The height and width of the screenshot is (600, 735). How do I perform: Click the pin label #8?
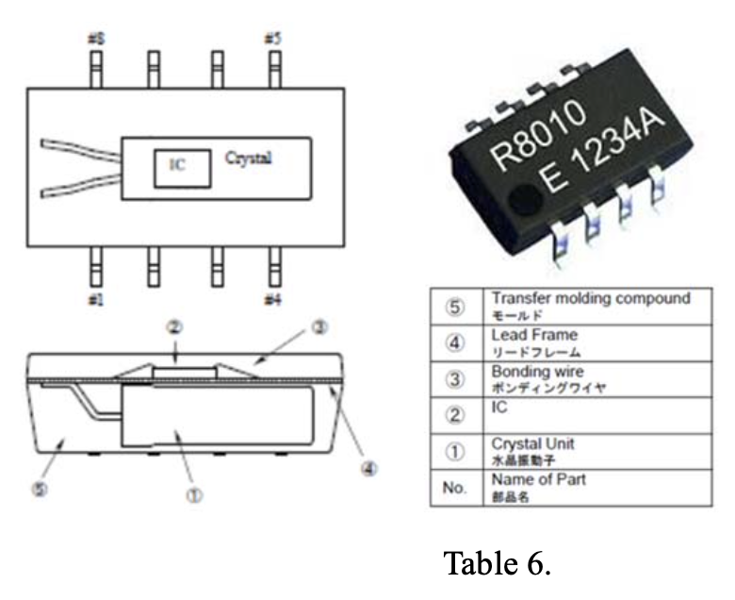[x=95, y=40]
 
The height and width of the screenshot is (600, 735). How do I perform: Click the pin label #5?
[x=273, y=40]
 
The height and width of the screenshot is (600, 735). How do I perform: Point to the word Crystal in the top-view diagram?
[x=249, y=158]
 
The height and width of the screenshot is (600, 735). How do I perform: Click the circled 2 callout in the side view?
[x=175, y=327]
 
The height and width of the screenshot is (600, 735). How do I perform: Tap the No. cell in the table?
[x=455, y=489]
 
